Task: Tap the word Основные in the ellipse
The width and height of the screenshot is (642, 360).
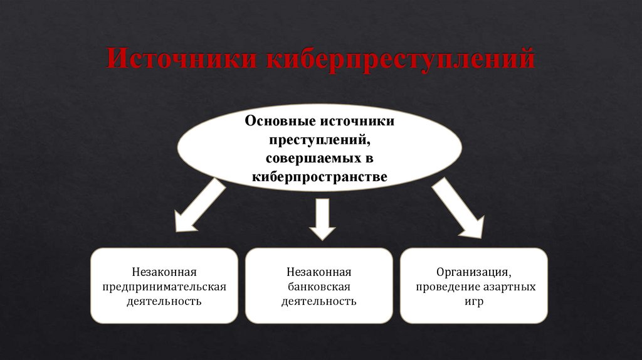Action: click(x=282, y=120)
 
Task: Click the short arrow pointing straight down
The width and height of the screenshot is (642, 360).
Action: click(x=322, y=219)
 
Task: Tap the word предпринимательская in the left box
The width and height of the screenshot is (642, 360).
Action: click(x=164, y=287)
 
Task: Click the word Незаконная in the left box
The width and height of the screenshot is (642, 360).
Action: click(x=164, y=272)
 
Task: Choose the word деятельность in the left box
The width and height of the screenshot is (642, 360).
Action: click(x=164, y=302)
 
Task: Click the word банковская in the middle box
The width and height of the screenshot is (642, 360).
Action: click(x=318, y=287)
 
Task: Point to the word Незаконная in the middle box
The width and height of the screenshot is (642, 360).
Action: click(x=318, y=272)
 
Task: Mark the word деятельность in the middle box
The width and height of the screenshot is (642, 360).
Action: click(x=318, y=302)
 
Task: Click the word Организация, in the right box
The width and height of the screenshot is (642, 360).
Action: click(x=474, y=272)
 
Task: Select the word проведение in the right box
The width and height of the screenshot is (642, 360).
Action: click(x=443, y=287)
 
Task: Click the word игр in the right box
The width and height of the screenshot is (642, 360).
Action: click(x=474, y=302)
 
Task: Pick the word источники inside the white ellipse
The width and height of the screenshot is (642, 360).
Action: click(x=357, y=120)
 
